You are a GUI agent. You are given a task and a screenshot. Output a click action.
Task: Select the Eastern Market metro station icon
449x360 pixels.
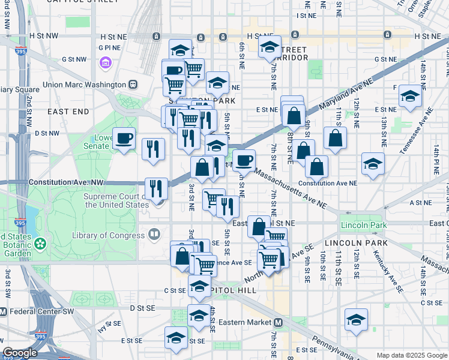coord(278,322)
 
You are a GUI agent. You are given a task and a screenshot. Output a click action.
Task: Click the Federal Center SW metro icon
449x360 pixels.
coord(4,311)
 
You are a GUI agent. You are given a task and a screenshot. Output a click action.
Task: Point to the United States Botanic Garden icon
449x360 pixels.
coord(40,244)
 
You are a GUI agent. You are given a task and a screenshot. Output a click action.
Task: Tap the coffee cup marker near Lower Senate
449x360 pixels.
coord(125,139)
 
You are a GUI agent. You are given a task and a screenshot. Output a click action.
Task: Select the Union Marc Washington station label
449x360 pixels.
coord(83,85)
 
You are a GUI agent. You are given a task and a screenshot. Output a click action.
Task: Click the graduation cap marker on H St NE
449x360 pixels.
coord(270,47)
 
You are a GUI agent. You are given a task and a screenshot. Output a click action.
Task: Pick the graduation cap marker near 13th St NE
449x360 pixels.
coord(411,96)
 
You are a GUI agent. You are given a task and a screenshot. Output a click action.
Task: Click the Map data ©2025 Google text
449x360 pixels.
coord(411,355)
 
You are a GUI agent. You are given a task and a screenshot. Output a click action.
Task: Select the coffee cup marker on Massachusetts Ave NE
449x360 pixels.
coord(244,160)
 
